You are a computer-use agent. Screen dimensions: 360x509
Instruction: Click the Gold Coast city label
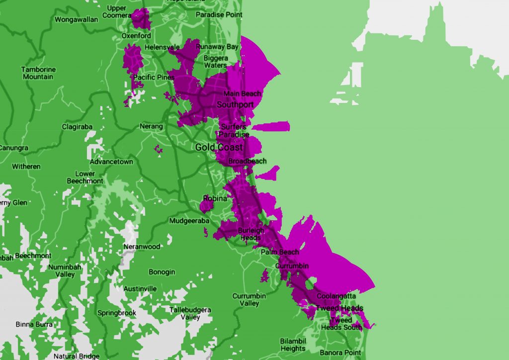click(x=219, y=147)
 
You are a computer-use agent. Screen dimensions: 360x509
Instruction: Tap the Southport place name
click(x=235, y=105)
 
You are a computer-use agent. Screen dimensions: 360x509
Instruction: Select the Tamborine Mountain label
click(x=38, y=73)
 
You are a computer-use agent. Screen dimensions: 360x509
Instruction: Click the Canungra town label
click(x=13, y=148)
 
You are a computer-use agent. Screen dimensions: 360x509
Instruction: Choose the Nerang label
click(x=151, y=126)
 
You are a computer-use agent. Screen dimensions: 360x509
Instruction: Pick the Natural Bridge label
click(x=77, y=356)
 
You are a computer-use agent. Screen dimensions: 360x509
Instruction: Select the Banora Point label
click(x=340, y=353)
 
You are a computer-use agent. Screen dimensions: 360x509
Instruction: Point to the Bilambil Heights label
click(x=293, y=345)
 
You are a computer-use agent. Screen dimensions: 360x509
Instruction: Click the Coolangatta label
click(x=336, y=296)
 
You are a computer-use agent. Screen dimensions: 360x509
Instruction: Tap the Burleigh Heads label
click(x=251, y=234)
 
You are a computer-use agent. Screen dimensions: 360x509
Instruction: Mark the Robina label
click(x=215, y=199)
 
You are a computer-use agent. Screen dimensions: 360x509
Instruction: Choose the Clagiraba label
click(x=77, y=127)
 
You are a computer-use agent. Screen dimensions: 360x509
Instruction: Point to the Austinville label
click(x=140, y=288)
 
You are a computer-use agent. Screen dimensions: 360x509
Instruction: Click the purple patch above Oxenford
click(x=141, y=19)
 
